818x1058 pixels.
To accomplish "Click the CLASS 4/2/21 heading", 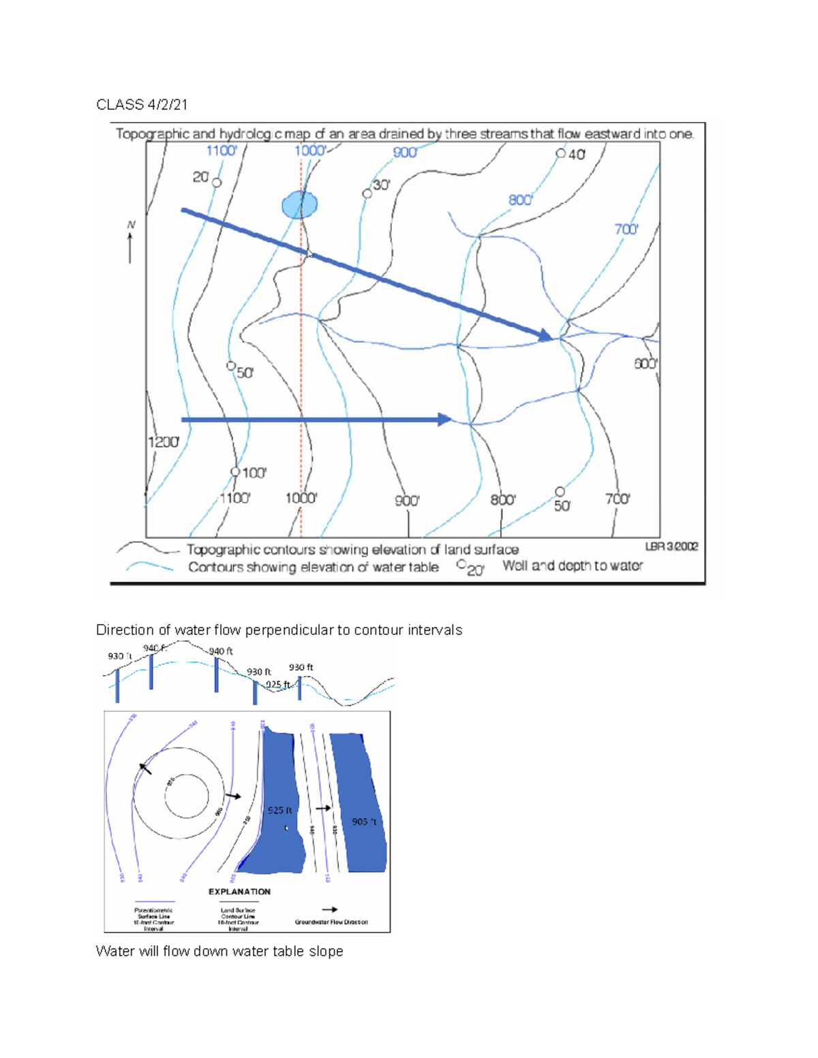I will [x=142, y=104].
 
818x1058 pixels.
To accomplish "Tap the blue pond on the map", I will [x=299, y=204].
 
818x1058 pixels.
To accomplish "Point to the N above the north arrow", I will [x=131, y=225].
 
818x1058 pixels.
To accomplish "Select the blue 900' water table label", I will [x=405, y=153].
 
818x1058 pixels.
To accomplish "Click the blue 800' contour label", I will [x=521, y=200].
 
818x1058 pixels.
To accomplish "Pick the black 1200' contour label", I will [x=164, y=441].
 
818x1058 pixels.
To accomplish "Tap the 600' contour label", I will [x=646, y=364].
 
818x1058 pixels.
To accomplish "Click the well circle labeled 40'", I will [x=560, y=153].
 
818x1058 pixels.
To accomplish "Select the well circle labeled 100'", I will [x=235, y=471].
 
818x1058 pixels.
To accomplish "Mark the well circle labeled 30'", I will [x=367, y=194].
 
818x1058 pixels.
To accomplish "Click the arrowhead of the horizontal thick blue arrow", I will [x=444, y=420].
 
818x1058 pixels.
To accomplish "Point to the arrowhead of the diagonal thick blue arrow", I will [x=545, y=334].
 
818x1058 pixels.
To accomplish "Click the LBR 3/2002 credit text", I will [x=671, y=546].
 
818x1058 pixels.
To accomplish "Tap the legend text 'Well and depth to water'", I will [x=573, y=565].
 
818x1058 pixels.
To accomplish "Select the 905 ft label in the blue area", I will [x=364, y=822].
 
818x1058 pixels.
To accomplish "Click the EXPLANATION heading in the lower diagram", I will [x=239, y=891].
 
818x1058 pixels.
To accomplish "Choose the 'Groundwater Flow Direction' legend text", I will [x=331, y=922].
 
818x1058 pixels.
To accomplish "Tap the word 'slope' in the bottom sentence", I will [x=326, y=951].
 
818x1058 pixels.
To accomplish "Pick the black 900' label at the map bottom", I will [x=407, y=501].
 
